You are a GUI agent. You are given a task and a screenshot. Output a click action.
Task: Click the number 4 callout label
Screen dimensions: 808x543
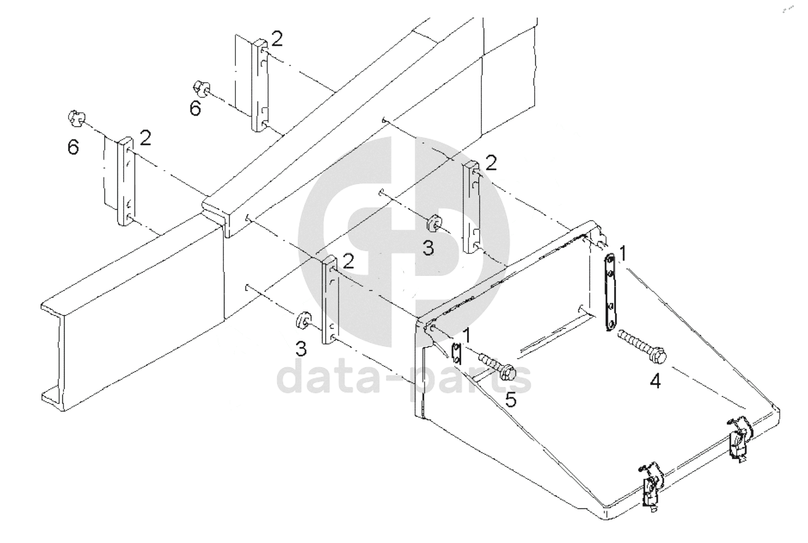[655, 381]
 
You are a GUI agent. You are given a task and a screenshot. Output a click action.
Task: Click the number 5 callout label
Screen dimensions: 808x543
[511, 400]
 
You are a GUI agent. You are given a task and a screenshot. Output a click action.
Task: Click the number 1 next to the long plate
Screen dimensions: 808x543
[623, 254]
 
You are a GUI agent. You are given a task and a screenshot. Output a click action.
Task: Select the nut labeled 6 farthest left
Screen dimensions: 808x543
[75, 118]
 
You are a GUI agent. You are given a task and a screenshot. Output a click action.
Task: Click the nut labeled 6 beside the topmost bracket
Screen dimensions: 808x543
[201, 89]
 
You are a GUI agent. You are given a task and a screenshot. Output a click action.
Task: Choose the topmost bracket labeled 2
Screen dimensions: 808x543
[260, 85]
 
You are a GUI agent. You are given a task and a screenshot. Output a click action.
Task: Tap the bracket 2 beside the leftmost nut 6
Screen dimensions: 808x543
[126, 181]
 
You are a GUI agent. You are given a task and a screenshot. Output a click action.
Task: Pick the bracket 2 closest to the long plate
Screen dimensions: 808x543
[472, 207]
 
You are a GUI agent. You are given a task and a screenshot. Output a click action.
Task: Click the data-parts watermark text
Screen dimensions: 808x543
[405, 379]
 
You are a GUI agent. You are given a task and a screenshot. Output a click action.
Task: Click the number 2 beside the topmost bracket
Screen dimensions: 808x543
[277, 39]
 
